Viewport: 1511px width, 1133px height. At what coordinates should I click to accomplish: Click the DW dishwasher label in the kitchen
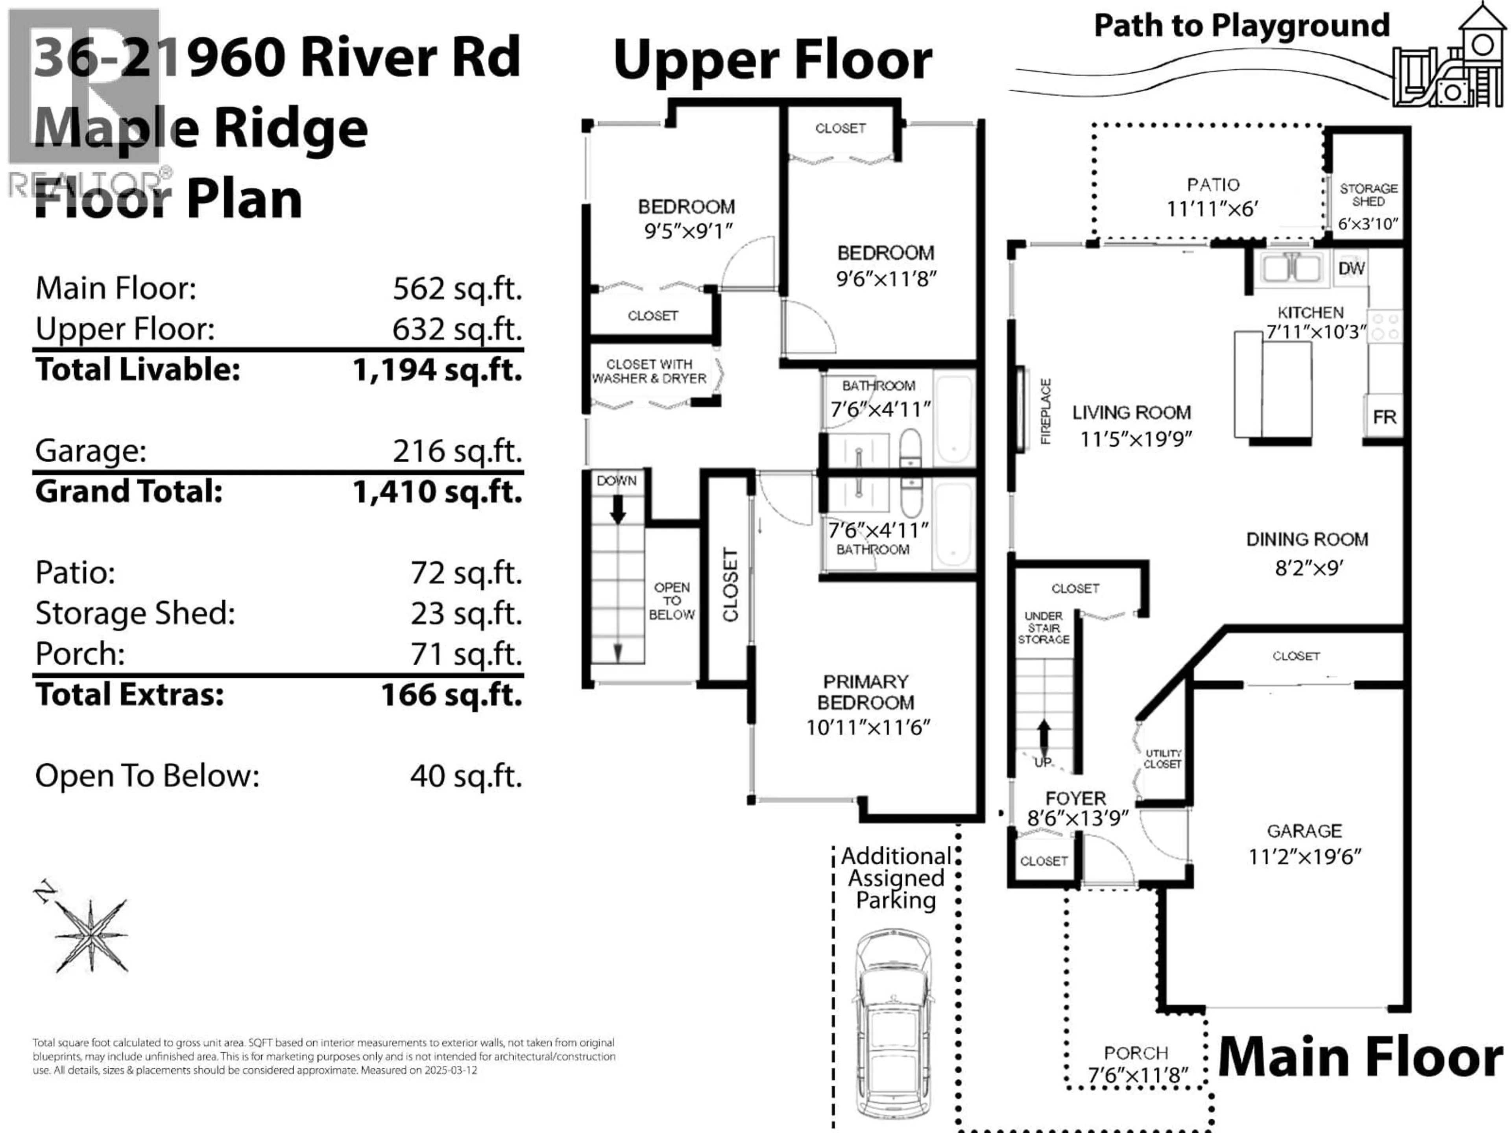(x=1351, y=268)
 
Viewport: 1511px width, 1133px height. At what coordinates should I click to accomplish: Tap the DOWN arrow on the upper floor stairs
(x=617, y=509)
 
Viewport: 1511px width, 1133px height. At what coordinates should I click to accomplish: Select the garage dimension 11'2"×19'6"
(x=1305, y=856)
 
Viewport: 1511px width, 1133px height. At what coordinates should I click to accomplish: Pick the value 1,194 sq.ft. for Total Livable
(x=437, y=370)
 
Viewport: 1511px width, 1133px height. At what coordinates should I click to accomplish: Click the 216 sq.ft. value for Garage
(x=457, y=451)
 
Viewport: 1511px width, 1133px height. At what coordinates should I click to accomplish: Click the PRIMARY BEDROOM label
(x=865, y=692)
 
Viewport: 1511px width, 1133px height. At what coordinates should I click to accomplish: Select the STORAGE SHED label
(x=1368, y=195)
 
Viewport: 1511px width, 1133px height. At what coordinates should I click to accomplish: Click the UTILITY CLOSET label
(x=1163, y=759)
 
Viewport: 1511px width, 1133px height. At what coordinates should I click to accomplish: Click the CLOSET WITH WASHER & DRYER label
(x=649, y=371)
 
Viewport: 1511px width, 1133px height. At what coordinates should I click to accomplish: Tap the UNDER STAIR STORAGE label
(x=1043, y=627)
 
